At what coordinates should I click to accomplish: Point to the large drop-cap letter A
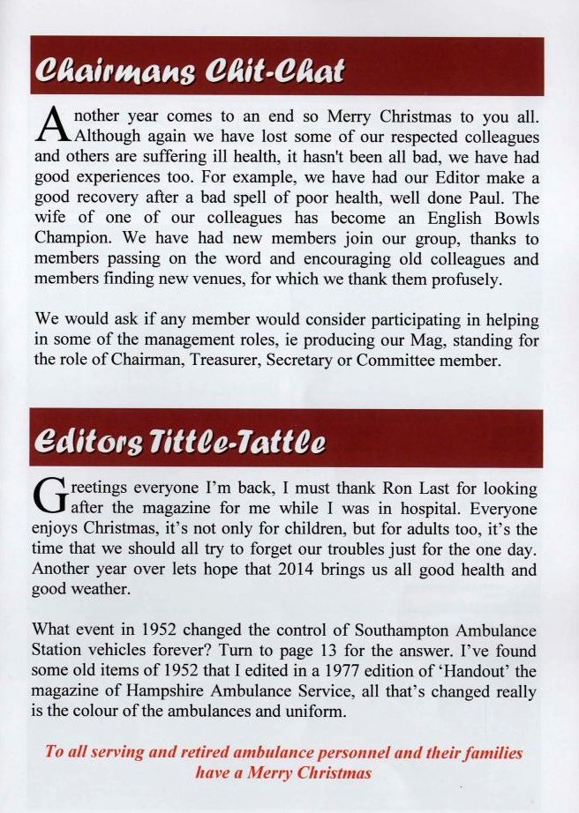coord(52,125)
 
